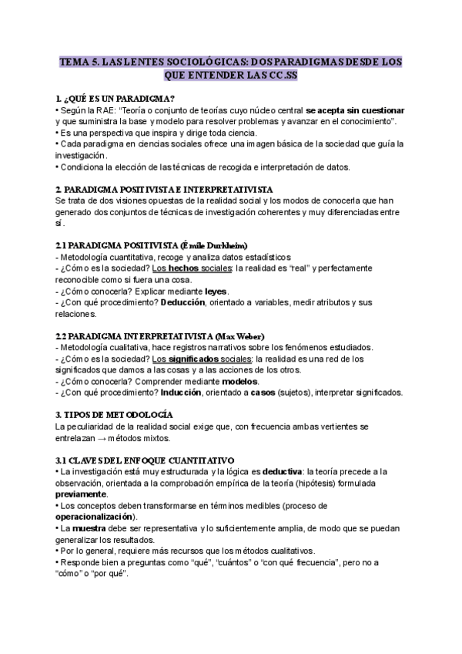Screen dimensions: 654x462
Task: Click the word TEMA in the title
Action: (75, 60)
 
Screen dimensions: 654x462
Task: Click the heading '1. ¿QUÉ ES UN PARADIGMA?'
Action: (115, 99)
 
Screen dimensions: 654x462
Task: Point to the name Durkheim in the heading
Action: (248, 245)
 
